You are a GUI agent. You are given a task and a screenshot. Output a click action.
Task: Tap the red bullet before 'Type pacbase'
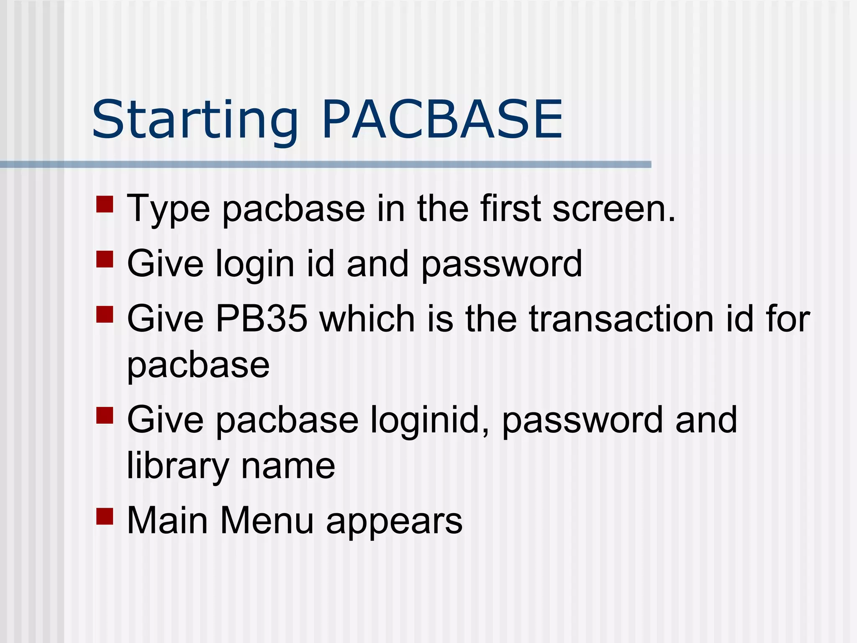point(105,204)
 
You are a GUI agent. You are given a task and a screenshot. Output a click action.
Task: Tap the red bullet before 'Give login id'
point(105,259)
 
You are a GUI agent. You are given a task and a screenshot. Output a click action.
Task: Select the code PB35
point(261,319)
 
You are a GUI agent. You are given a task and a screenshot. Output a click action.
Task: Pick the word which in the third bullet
point(367,319)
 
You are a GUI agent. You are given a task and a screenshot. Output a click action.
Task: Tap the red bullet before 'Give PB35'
point(105,314)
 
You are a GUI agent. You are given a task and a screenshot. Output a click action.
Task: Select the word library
point(178,466)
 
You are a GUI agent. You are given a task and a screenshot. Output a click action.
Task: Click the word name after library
point(288,466)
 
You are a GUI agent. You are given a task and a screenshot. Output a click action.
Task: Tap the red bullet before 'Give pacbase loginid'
point(105,415)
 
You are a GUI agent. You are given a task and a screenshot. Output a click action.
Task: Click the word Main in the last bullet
point(167,521)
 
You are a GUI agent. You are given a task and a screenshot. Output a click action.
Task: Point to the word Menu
point(267,521)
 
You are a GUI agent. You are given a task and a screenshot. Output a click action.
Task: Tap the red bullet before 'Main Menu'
point(105,516)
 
